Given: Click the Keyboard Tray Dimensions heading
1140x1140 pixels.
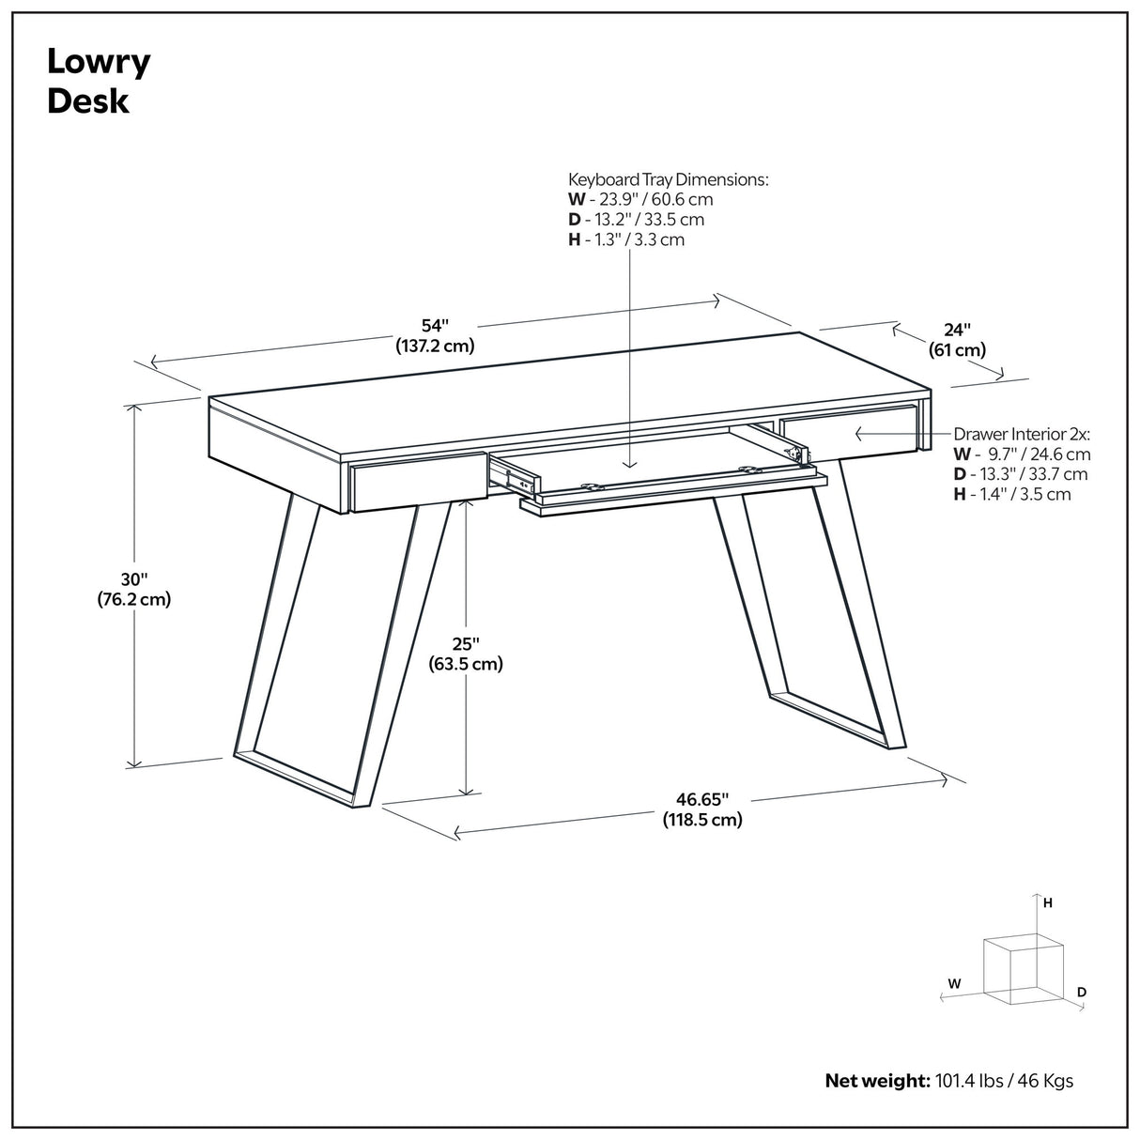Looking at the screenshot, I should (668, 179).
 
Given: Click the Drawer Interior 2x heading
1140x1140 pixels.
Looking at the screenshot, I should (1021, 434).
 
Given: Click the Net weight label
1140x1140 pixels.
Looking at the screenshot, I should (877, 1081).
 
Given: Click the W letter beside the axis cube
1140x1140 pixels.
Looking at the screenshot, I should (954, 984).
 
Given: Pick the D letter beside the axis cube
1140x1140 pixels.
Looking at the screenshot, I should (1082, 992).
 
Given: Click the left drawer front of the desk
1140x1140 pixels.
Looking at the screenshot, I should (418, 481).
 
